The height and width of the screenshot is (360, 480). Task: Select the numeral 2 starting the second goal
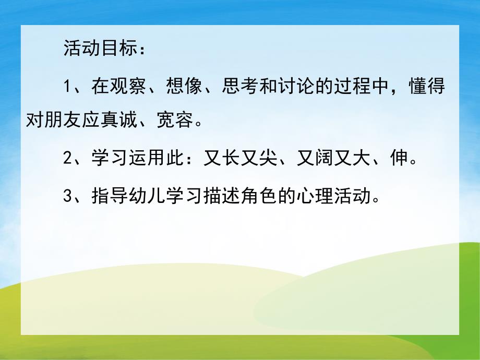click(x=67, y=158)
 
